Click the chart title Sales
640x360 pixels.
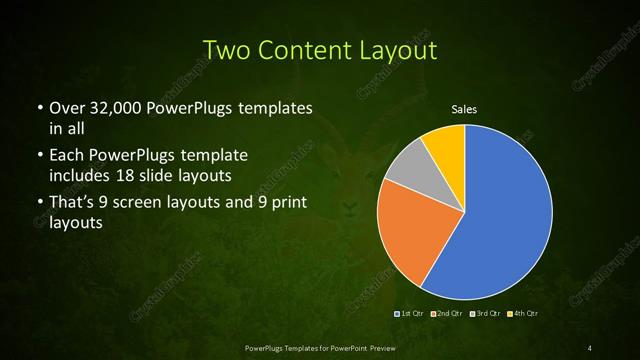point(464,110)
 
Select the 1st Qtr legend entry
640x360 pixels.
point(410,314)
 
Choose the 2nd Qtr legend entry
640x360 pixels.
point(447,314)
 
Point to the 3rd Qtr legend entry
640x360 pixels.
point(484,314)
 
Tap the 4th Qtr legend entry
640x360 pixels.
point(521,314)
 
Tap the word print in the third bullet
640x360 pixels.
point(288,204)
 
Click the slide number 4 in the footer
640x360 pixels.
point(590,347)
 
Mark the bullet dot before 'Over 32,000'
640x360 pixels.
point(39,108)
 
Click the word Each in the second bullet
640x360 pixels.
point(67,156)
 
